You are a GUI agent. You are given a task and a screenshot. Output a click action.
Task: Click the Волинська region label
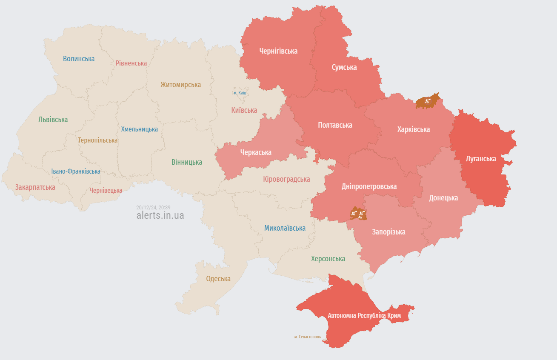(x=79, y=59)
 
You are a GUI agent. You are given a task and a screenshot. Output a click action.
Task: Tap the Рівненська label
(x=131, y=63)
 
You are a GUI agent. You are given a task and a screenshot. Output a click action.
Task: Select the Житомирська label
(x=180, y=85)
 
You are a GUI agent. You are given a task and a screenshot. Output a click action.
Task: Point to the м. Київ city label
(x=240, y=93)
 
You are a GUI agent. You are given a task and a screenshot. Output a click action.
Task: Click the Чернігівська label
(x=278, y=51)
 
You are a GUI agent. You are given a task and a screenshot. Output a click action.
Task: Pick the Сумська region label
(x=344, y=67)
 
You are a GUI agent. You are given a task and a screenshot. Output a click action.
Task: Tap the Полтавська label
(x=335, y=125)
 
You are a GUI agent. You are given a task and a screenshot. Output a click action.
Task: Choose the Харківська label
(x=413, y=129)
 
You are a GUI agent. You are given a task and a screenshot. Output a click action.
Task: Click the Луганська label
(x=481, y=159)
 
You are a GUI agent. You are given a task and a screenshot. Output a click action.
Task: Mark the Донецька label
(x=443, y=198)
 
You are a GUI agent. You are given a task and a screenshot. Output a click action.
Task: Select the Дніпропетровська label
(x=369, y=186)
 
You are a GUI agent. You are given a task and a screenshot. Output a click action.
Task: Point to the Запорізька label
(x=388, y=232)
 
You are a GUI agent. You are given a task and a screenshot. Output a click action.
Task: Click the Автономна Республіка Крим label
(x=364, y=316)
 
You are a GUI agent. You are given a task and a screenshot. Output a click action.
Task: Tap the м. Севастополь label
(x=307, y=337)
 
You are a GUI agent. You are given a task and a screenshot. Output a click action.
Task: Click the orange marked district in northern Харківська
(x=427, y=101)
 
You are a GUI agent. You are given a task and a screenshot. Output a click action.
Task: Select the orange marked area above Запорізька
(x=358, y=213)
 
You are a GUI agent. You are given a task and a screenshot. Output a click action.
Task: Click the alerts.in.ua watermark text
(x=160, y=215)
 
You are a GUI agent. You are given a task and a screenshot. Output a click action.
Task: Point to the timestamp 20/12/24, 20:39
(x=153, y=207)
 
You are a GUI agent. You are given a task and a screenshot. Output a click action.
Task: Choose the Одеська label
(x=218, y=279)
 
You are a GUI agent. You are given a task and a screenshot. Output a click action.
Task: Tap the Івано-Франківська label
(x=76, y=171)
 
